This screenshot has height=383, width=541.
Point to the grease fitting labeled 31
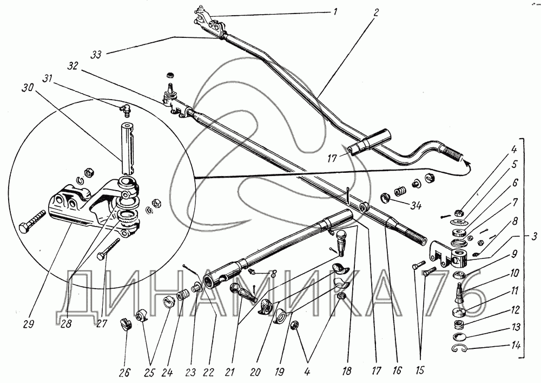click(124, 110)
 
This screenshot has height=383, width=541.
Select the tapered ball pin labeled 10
click(459, 293)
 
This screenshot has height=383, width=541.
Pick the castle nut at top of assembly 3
click(460, 215)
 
